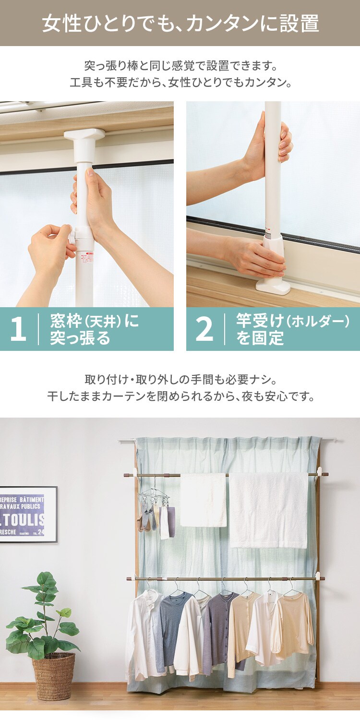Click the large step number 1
click(x=18, y=329)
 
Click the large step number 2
click(x=204, y=329)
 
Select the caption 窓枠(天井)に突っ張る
click(x=94, y=329)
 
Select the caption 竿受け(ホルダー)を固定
click(x=292, y=329)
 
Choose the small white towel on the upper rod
click(x=203, y=499)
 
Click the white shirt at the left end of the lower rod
click(x=143, y=629)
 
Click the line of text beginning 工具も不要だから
click(x=180, y=82)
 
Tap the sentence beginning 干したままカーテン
click(x=180, y=397)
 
